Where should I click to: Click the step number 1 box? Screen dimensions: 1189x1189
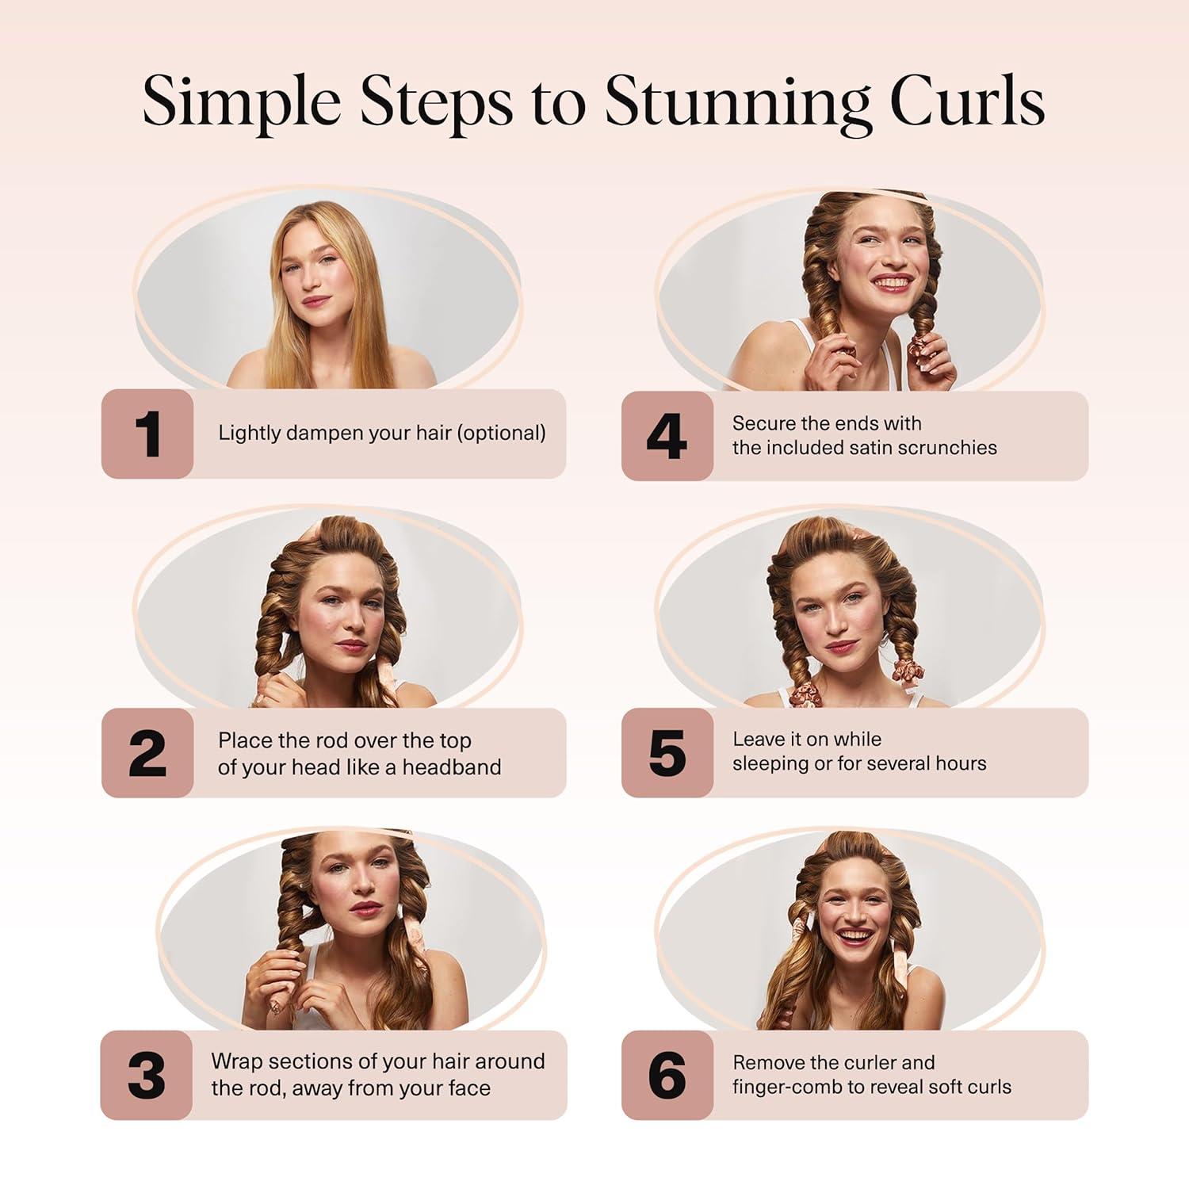tap(147, 434)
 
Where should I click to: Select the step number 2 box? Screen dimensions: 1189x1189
tap(147, 753)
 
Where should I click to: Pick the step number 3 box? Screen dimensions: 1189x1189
tap(147, 1076)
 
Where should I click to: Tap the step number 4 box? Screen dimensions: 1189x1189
tap(667, 436)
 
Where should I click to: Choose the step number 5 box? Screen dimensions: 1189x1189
tap(667, 753)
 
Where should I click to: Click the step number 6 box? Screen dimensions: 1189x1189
tap(667, 1076)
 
